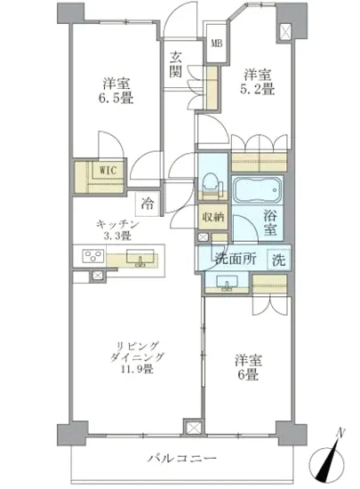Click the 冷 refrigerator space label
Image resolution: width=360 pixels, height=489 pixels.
click(x=145, y=202)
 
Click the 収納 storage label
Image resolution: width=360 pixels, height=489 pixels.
click(x=212, y=216)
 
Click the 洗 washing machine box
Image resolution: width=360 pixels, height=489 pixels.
click(x=279, y=261)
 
